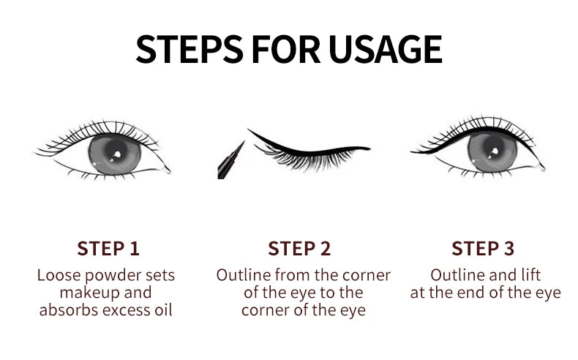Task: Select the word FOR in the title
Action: point(287,49)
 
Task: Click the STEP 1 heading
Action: point(108,248)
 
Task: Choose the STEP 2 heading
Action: point(299,248)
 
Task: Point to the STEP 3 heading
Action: point(483,248)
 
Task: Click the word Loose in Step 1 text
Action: point(58,276)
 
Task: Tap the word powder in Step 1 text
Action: point(114,276)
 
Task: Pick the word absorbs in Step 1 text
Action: point(70,310)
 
